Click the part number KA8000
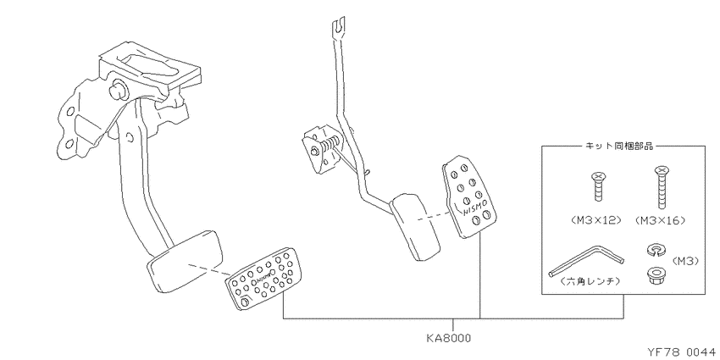[448, 338]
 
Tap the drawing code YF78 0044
[682, 352]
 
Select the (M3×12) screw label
[596, 220]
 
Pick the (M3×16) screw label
[660, 220]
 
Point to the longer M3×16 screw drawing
[661, 186]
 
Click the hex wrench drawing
[586, 260]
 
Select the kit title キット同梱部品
[618, 146]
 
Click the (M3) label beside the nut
[685, 261]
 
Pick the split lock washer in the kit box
[653, 250]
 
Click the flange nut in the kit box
[653, 275]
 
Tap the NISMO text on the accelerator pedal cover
[473, 209]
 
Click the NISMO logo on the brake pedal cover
[265, 279]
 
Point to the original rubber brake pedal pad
[186, 261]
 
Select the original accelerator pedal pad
[415, 227]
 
